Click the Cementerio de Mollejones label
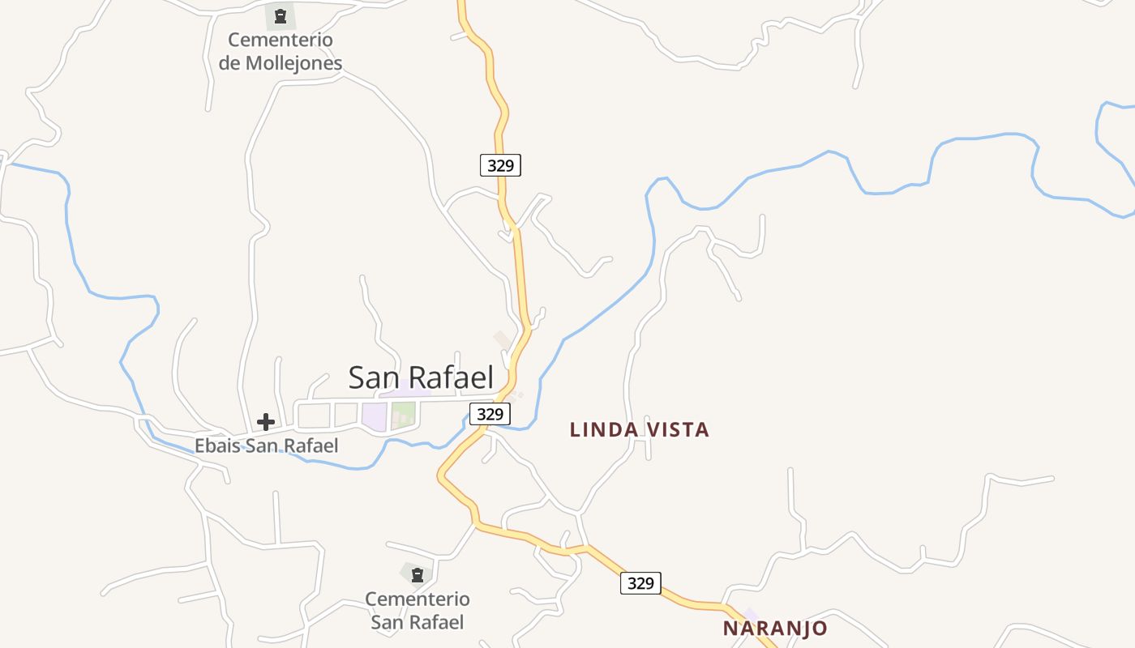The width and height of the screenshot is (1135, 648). pos(281,51)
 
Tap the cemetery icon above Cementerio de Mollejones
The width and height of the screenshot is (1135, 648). pos(281,15)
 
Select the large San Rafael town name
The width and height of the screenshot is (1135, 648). pos(421,377)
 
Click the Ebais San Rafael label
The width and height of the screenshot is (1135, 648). pos(266,446)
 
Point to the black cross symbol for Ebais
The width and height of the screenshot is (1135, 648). pos(266,422)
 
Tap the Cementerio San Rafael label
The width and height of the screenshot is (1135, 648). pos(417,611)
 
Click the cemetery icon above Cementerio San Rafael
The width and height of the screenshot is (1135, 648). pos(417,575)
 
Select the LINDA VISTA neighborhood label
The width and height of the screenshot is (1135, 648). pos(639,430)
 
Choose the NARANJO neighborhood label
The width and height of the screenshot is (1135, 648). pos(775,629)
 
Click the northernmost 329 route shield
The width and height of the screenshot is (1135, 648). pos(500,165)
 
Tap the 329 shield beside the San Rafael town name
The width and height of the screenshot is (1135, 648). pos(490,414)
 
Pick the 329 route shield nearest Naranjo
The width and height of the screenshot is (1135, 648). pos(640,582)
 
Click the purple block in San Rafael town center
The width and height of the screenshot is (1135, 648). pos(374,416)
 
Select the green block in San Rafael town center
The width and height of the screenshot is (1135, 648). pos(404,416)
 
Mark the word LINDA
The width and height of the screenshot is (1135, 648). pos(598,430)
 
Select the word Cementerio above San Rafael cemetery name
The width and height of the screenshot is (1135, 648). pos(417,599)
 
